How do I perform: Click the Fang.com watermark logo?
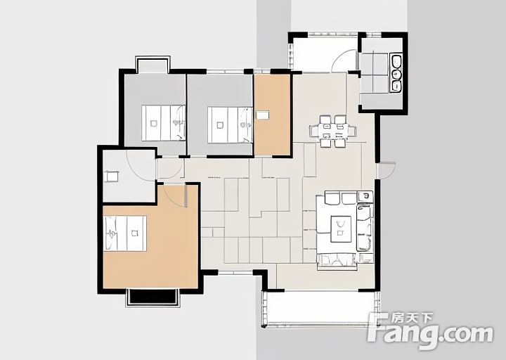click(x=431, y=331)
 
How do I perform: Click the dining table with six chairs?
click(x=332, y=131)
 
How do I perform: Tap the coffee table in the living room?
click(x=341, y=229)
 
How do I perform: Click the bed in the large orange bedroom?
click(x=125, y=233)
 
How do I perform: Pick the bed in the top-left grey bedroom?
click(x=163, y=122)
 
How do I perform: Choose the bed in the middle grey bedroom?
click(x=230, y=125)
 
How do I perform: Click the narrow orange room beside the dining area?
click(x=272, y=115)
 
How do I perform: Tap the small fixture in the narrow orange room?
click(x=262, y=115)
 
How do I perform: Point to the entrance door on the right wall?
click(x=386, y=170)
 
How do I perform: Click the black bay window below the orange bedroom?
click(x=152, y=297)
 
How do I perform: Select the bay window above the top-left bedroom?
click(x=153, y=64)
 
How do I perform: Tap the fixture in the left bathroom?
click(x=112, y=176)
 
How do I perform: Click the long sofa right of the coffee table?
click(x=365, y=227)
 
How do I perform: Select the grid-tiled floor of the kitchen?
click(x=374, y=73)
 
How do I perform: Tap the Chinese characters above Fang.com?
click(x=412, y=319)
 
